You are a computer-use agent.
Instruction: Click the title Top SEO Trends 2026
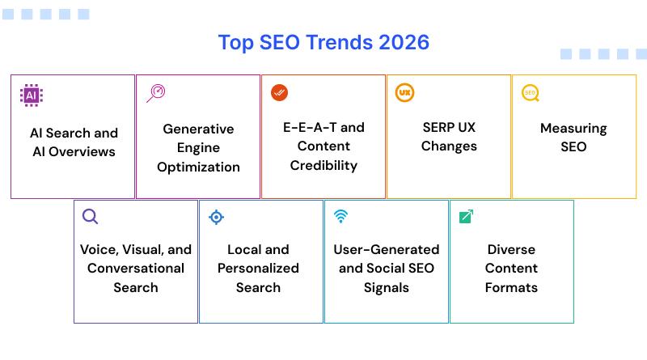click(323, 42)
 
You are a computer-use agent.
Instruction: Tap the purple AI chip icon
click(31, 95)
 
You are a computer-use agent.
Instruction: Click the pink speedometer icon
click(155, 93)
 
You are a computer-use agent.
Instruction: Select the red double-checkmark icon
click(279, 93)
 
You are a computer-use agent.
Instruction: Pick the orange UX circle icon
click(404, 93)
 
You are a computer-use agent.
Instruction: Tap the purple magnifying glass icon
click(90, 216)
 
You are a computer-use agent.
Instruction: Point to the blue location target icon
click(216, 217)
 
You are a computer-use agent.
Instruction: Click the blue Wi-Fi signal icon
click(340, 216)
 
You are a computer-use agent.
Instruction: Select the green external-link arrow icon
click(466, 216)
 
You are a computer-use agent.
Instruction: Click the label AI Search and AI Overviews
click(74, 142)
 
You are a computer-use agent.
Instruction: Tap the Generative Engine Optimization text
click(198, 148)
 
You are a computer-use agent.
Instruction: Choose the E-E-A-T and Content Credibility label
click(323, 146)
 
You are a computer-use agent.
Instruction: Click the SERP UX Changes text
click(449, 137)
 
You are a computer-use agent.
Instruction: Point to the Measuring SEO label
click(573, 138)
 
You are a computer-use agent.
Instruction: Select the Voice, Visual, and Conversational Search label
click(136, 268)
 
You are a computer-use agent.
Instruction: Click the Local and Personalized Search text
click(258, 268)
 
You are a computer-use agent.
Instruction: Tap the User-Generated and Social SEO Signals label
click(386, 268)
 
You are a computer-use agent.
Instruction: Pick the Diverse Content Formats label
click(511, 268)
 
